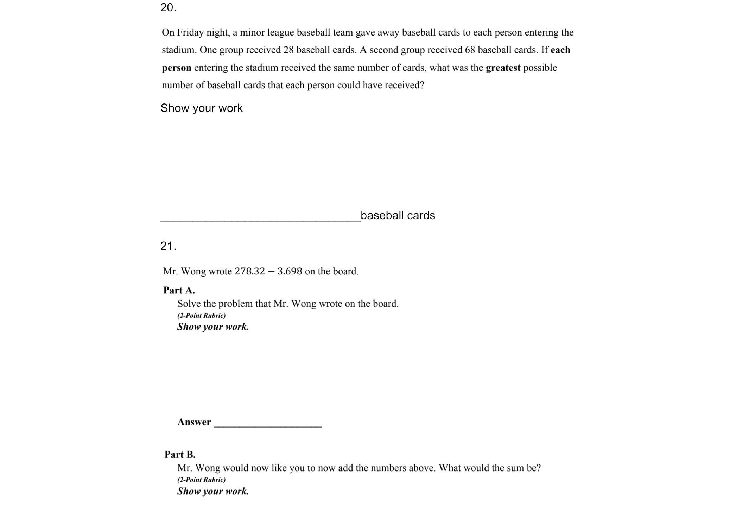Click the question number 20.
pyautogui.click(x=168, y=7)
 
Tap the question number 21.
pyautogui.click(x=168, y=246)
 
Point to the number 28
pyautogui.click(x=288, y=50)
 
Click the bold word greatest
pyautogui.click(x=503, y=68)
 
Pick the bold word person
pyautogui.click(x=177, y=68)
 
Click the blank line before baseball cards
pyautogui.click(x=260, y=219)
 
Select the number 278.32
pyautogui.click(x=250, y=271)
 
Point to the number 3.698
pyautogui.click(x=290, y=271)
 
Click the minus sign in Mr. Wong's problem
pyautogui.click(x=271, y=271)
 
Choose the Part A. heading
pyautogui.click(x=179, y=290)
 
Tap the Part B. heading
pyautogui.click(x=180, y=454)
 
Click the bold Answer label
pyautogui.click(x=194, y=422)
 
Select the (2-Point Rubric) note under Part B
pyautogui.click(x=202, y=480)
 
